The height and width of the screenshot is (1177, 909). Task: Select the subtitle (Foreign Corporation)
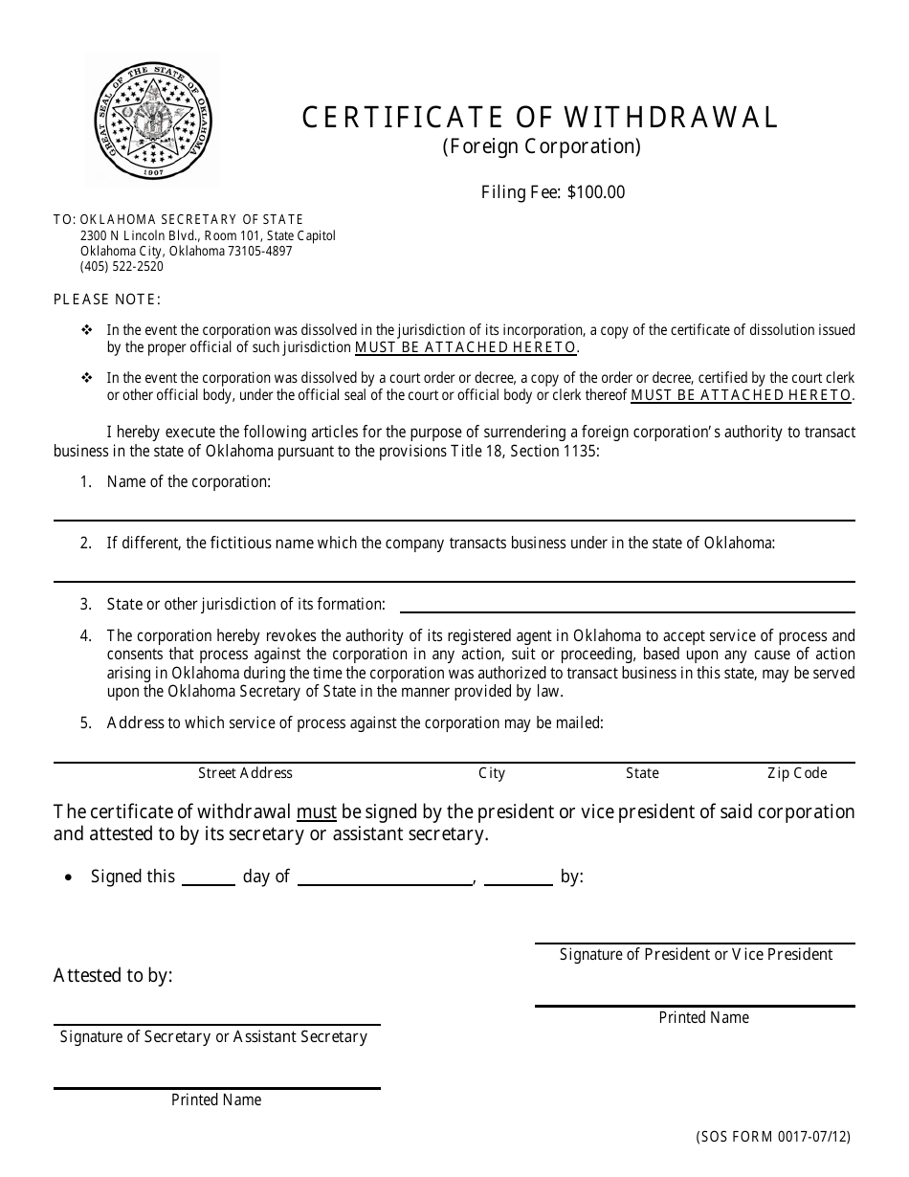click(x=541, y=146)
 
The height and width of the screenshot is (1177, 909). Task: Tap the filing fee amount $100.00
click(x=596, y=192)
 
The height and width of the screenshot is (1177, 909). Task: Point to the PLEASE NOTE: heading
click(x=107, y=300)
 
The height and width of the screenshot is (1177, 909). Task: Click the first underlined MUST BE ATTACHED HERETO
click(x=466, y=347)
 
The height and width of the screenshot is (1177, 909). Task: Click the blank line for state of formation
click(x=627, y=606)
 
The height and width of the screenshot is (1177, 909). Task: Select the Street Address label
click(x=245, y=773)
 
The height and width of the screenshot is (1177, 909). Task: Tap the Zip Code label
click(x=796, y=773)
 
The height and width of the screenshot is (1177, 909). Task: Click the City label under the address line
click(x=492, y=773)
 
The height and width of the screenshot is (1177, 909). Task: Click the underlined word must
click(x=317, y=812)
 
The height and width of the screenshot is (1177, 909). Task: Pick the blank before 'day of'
click(x=209, y=878)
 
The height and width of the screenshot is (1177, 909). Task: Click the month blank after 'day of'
click(x=386, y=878)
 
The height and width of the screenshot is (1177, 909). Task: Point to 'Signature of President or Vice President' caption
click(x=696, y=954)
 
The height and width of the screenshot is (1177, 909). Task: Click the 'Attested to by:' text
click(x=113, y=976)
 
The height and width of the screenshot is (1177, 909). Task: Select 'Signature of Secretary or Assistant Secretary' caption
click(x=213, y=1037)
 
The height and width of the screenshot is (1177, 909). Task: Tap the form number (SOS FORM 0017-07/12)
click(x=773, y=1138)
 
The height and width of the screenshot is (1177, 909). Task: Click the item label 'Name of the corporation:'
click(x=188, y=482)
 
